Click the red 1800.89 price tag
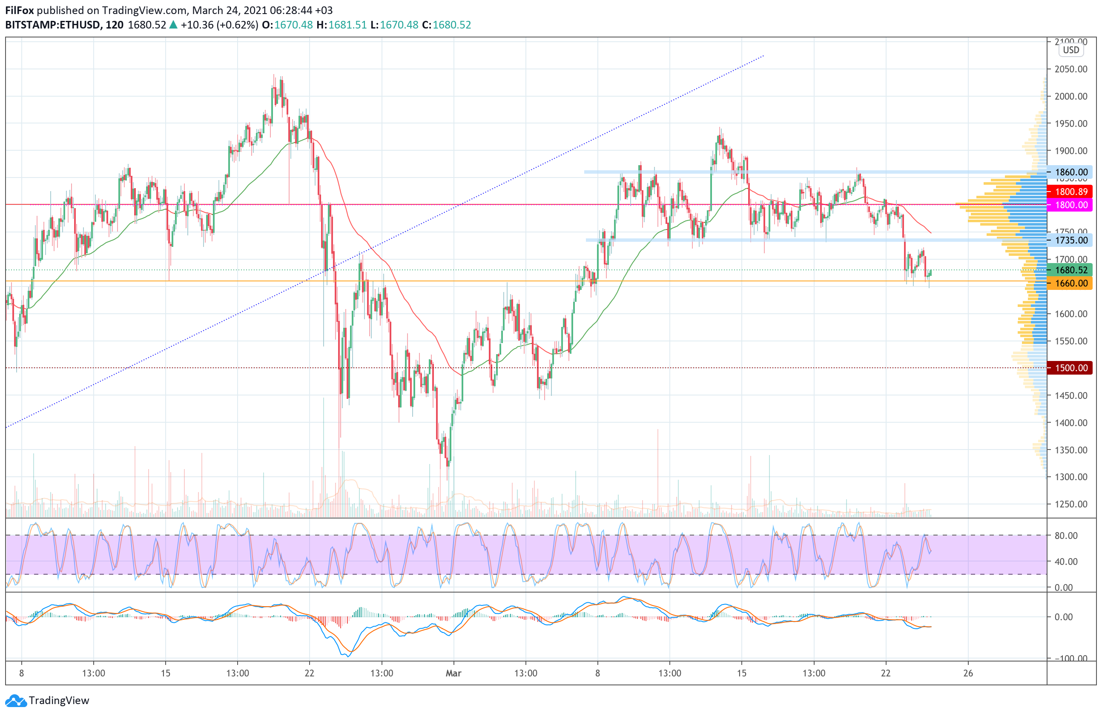tap(1070, 192)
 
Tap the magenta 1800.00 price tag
tap(1070, 205)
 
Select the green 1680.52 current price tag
tap(1070, 270)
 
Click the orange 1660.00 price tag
tap(1070, 283)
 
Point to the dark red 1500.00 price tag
tap(1070, 368)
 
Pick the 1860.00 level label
tap(1070, 172)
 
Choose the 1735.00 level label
tap(1070, 240)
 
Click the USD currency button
tap(1070, 50)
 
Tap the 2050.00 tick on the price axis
tap(1070, 69)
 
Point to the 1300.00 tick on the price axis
tap(1070, 477)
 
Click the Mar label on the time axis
tap(453, 673)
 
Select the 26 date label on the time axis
tap(968, 673)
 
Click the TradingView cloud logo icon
tap(16, 701)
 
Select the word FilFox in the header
tap(20, 10)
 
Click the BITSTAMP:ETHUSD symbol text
tap(53, 25)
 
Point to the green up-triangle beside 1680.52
tap(173, 25)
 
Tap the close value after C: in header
tap(451, 25)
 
